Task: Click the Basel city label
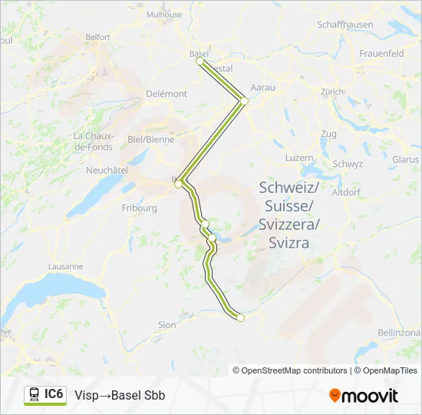198,53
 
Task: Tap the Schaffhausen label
345,25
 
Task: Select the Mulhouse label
164,15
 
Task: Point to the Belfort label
97,37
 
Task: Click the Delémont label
166,94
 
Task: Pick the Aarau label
262,88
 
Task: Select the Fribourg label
139,207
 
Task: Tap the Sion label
166,325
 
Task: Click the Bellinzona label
399,332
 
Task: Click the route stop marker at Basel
199,61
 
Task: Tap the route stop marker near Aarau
244,100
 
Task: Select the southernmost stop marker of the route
240,317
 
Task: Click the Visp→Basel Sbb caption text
120,396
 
